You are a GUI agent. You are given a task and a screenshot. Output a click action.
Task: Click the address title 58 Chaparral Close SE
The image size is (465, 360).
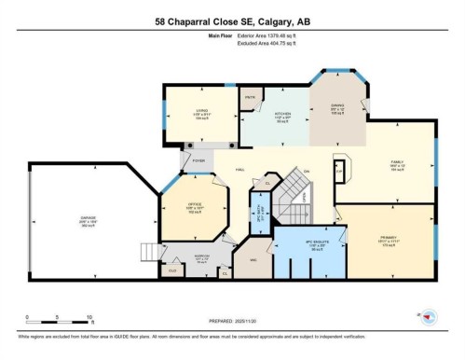[232, 22]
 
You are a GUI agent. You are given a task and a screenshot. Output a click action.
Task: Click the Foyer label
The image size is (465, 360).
[198, 159]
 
